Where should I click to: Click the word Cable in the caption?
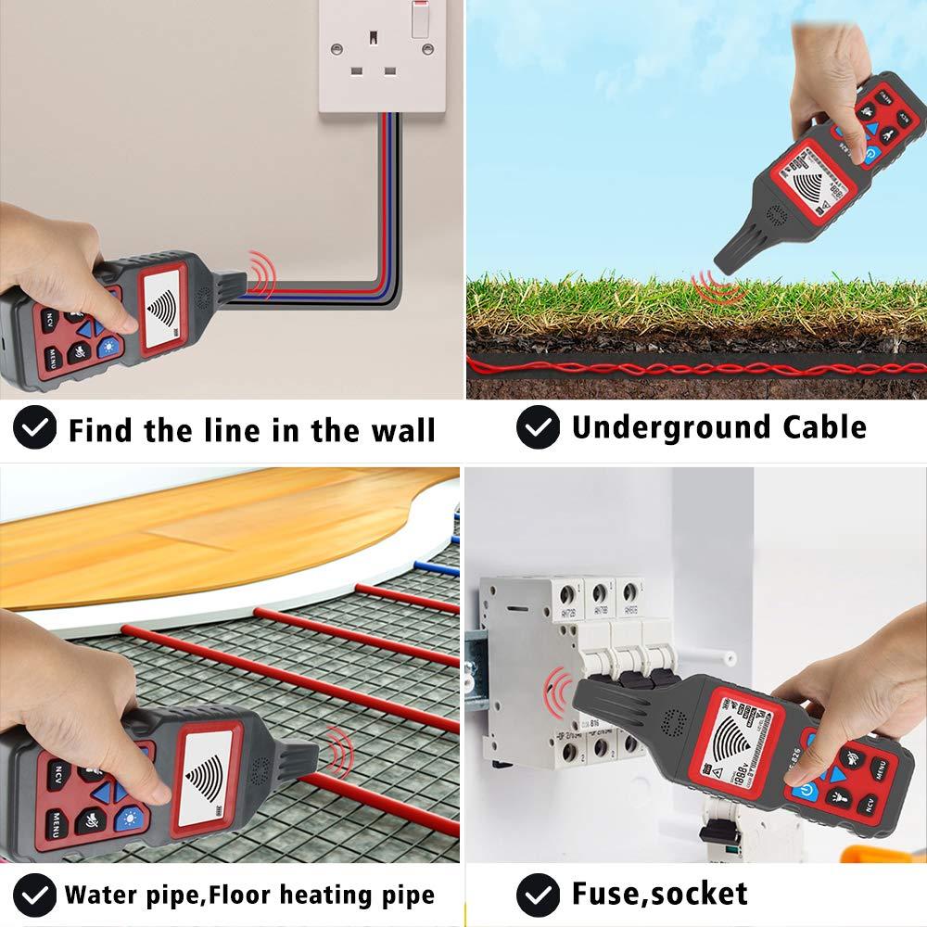825,427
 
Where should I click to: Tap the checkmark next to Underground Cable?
538,428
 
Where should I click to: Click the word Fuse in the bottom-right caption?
608,894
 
